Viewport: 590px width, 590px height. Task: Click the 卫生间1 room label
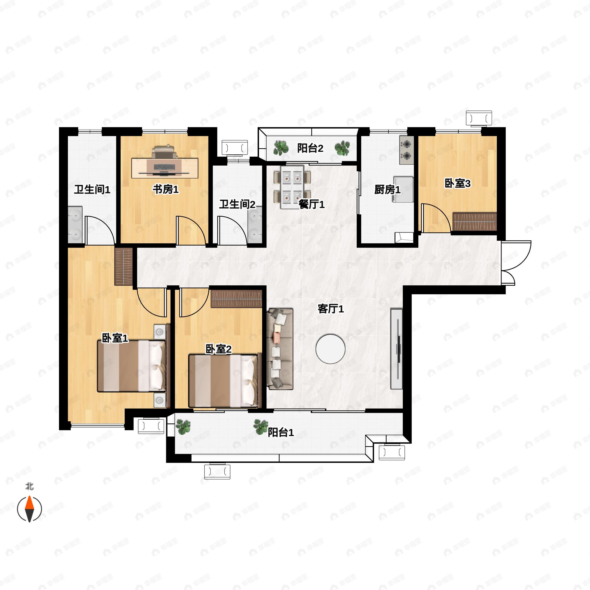click(x=92, y=190)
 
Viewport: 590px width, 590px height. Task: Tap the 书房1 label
click(x=165, y=189)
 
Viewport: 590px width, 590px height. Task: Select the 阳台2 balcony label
click(x=310, y=148)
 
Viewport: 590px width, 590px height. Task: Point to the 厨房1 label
click(x=387, y=190)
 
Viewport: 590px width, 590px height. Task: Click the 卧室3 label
click(x=457, y=184)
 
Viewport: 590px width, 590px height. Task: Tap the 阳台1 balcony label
click(x=281, y=432)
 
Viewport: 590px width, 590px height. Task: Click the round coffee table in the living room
click(x=330, y=349)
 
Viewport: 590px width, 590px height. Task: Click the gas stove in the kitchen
click(x=406, y=150)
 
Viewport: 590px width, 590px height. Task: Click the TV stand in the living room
click(x=397, y=349)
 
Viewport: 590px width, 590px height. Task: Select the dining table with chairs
click(x=292, y=187)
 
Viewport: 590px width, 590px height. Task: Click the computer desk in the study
click(x=165, y=168)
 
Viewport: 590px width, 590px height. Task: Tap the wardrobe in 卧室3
click(x=474, y=222)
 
